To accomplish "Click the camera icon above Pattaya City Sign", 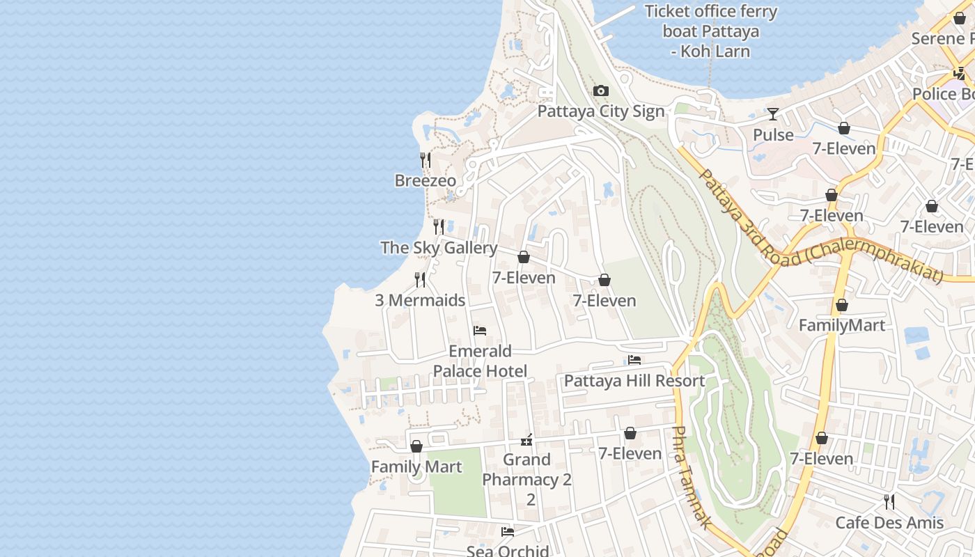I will tap(601, 91).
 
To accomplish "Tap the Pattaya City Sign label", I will tap(601, 111).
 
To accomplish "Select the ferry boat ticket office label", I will tap(710, 31).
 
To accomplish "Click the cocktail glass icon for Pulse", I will tap(773, 114).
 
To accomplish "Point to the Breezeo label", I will tap(426, 181).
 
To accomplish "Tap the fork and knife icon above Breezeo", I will tap(426, 160).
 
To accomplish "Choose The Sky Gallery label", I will tap(439, 248).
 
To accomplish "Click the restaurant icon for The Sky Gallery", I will tap(439, 227).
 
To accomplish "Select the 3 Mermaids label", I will tap(420, 301).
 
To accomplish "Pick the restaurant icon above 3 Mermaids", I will tap(420, 280).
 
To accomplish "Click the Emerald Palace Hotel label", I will tap(480, 361).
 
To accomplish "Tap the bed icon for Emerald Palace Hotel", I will tap(480, 331).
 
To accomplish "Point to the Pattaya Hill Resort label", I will tap(634, 381).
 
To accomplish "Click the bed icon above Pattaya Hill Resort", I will tap(634, 360).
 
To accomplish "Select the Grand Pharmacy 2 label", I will tap(527, 470).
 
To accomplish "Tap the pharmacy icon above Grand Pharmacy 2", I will tap(527, 440).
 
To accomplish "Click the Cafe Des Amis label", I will tap(889, 523).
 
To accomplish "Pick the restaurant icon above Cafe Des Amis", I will tap(889, 502).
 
